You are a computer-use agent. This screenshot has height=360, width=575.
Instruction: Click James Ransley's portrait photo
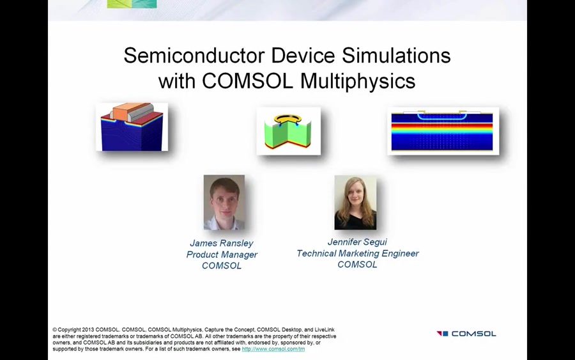224,202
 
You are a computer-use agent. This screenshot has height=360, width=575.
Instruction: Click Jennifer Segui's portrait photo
355,202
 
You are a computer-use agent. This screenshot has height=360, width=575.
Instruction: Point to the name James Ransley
222,243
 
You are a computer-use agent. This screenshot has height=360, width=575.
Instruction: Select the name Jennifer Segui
357,242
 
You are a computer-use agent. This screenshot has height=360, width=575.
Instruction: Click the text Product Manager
222,254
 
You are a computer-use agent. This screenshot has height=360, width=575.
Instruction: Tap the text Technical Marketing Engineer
357,253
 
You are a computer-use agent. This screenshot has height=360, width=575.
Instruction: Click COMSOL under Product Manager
222,265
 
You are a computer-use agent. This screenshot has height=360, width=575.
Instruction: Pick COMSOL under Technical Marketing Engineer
357,264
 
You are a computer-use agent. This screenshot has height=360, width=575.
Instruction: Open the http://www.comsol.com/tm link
273,349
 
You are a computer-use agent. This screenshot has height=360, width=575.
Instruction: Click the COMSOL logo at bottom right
466,333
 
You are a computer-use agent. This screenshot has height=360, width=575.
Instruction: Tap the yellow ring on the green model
287,119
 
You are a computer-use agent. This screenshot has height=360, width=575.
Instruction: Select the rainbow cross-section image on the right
442,131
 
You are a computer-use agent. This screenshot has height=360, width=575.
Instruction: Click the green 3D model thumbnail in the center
288,131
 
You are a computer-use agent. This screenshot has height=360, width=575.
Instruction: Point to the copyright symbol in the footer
54,330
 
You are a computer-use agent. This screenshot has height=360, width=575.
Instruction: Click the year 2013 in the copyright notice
87,330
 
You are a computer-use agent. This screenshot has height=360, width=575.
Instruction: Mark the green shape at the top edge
132,4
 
